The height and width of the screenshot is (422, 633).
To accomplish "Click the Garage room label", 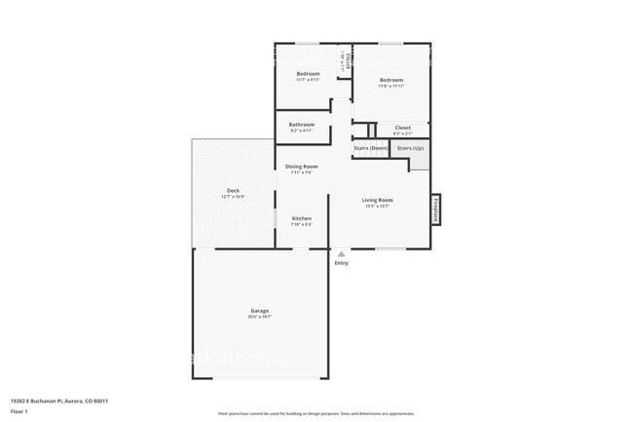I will [259, 311].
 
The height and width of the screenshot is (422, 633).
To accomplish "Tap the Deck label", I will [233, 190].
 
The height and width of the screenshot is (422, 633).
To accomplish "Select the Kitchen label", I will [302, 218].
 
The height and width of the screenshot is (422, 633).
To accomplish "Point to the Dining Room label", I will [302, 167].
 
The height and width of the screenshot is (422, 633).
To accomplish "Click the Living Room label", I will [378, 200].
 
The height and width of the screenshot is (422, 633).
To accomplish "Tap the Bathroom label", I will [302, 125].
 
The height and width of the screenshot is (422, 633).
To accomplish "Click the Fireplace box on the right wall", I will [436, 209].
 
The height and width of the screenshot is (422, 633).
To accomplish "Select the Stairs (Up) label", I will [411, 148].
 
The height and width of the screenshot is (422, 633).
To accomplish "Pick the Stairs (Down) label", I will [370, 148].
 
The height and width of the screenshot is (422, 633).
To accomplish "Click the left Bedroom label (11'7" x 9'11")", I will [309, 74].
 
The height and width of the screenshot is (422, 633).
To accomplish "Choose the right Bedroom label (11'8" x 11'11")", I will [391, 80].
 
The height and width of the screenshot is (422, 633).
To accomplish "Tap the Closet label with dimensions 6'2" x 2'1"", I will [402, 127].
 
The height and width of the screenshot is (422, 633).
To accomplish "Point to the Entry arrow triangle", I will [341, 253].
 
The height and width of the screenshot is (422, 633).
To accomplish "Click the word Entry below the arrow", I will [341, 263].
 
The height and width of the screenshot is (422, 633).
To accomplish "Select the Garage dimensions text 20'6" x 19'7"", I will [259, 317].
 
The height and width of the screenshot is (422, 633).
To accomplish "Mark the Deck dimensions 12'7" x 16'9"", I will [233, 197].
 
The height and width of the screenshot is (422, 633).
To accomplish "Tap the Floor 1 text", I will [19, 411].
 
